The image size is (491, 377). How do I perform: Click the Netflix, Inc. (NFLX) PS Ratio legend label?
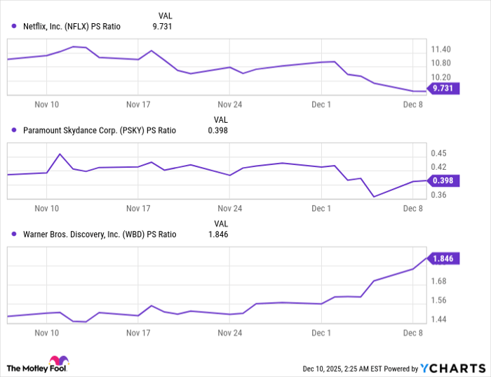[x=72, y=27]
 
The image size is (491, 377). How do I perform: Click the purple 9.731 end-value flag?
[x=443, y=88]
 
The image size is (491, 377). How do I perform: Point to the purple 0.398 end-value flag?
[x=443, y=181]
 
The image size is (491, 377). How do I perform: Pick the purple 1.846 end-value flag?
[x=443, y=258]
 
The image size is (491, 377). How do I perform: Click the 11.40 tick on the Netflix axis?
[x=442, y=50]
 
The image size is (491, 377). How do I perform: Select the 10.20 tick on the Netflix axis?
[x=442, y=77]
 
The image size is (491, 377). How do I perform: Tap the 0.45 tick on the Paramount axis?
[x=439, y=153]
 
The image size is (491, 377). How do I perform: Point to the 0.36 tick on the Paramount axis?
[x=439, y=194]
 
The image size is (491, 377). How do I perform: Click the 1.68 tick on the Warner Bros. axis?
[x=439, y=282]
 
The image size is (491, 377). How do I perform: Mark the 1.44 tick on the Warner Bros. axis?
[x=439, y=319]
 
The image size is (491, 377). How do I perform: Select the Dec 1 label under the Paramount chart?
[x=321, y=209]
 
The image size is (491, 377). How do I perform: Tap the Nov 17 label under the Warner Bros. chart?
[x=139, y=333]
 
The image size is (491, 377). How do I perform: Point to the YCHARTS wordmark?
[x=452, y=368]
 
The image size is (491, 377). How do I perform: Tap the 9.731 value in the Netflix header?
[x=162, y=27]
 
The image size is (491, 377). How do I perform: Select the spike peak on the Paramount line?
[x=60, y=154]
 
